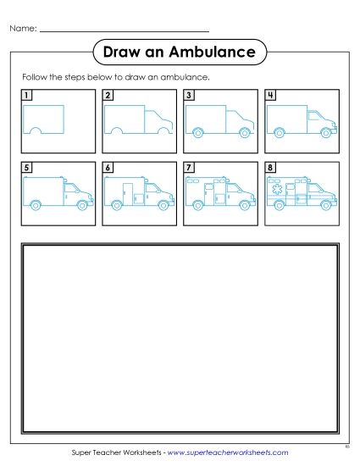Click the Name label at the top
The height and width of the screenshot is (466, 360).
[x=23, y=28]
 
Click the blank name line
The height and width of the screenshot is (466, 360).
[x=125, y=31]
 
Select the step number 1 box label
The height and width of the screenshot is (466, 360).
[x=27, y=95]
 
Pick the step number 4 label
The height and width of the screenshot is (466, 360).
[x=270, y=95]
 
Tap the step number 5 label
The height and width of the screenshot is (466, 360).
[x=27, y=168]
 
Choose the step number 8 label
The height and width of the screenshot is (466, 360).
[x=270, y=168]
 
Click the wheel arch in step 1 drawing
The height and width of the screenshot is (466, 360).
[x=36, y=130]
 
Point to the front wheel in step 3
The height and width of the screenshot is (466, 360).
[x=245, y=131]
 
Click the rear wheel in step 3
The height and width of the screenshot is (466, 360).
[x=198, y=131]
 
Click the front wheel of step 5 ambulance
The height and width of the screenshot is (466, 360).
[x=82, y=204]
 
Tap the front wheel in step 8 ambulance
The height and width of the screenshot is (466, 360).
[x=325, y=204]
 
